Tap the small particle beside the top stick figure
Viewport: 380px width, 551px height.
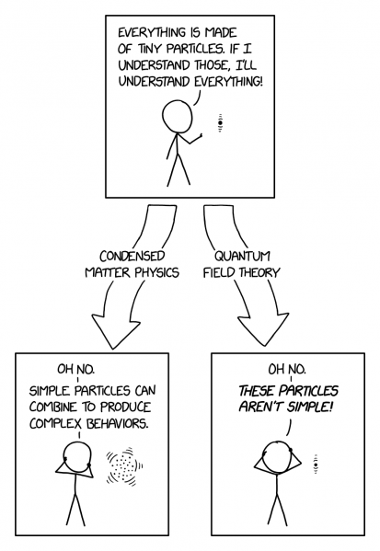pyautogui.click(x=220, y=123)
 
